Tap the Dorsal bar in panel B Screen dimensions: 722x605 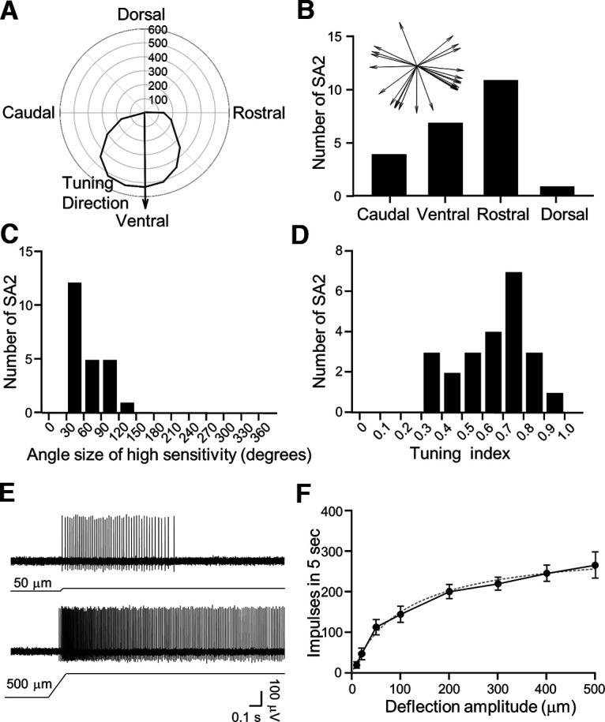click(557, 191)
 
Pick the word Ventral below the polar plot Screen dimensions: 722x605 click(142, 220)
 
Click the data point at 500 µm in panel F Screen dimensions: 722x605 click(595, 565)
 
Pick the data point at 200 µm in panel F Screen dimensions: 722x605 click(449, 591)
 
